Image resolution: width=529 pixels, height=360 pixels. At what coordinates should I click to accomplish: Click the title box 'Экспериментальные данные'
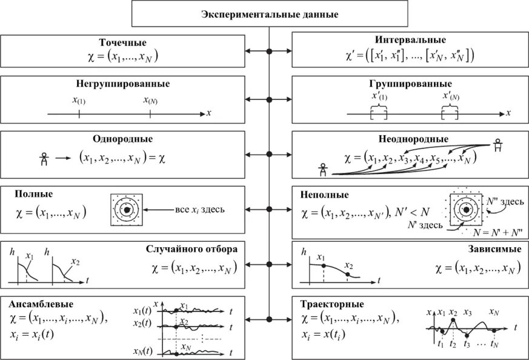point(270,13)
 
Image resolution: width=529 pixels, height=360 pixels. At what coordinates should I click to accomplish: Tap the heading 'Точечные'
point(123,42)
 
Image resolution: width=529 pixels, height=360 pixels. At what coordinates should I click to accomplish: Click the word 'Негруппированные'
point(123,83)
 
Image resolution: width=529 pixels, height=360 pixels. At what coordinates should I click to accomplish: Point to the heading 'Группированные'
point(410,83)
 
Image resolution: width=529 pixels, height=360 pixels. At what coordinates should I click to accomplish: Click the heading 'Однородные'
point(123,139)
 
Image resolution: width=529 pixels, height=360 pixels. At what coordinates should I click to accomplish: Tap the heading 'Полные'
point(35,195)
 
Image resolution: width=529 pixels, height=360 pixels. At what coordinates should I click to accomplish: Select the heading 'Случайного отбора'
point(191,248)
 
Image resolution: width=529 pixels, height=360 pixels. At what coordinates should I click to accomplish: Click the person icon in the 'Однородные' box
point(43,159)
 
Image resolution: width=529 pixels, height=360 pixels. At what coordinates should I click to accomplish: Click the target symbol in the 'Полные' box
point(127,210)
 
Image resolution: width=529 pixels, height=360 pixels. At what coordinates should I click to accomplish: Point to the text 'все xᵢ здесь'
point(200,210)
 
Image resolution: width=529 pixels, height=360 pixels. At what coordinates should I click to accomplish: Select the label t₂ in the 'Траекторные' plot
point(453,344)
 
